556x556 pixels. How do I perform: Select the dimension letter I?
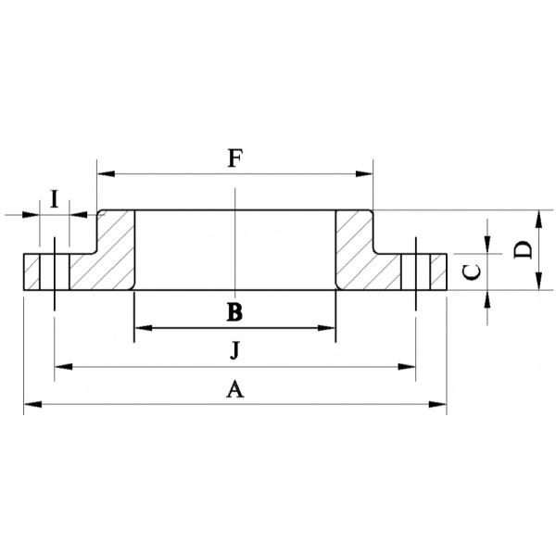(55, 197)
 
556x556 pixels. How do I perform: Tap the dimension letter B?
(234, 311)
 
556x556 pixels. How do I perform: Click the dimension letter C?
(472, 272)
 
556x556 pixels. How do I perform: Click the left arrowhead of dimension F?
(103, 173)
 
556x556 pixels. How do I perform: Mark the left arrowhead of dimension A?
(30, 403)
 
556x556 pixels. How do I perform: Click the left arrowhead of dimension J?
(61, 367)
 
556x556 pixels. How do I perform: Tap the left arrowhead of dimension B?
(141, 328)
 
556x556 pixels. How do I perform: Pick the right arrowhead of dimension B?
(329, 328)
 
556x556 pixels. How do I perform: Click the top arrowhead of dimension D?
(538, 217)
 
